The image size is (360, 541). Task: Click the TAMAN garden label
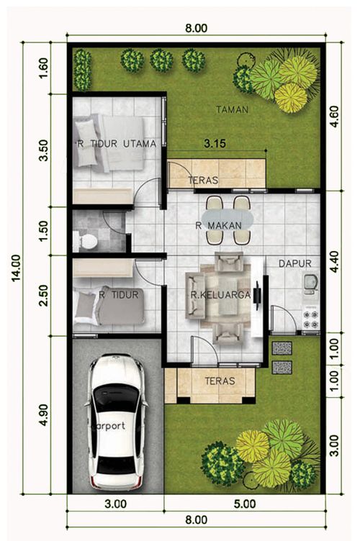(233, 110)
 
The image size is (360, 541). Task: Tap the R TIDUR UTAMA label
(117, 144)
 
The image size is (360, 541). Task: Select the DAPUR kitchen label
(294, 263)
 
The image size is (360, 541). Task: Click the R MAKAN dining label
(218, 226)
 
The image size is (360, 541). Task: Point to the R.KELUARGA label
(220, 295)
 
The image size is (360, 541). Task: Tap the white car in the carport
(117, 422)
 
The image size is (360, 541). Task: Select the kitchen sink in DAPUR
(310, 284)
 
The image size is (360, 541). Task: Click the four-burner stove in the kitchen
(310, 319)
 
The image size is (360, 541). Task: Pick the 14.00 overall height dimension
(17, 268)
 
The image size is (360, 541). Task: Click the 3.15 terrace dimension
(215, 143)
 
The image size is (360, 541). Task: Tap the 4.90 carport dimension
(44, 414)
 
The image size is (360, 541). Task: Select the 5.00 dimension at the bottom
(245, 504)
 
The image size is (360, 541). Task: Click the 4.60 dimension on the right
(335, 117)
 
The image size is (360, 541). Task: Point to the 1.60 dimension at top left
(44, 68)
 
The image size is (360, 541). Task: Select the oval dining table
(228, 219)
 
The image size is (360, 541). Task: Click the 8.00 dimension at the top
(196, 28)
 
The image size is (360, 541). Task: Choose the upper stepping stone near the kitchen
(282, 348)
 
